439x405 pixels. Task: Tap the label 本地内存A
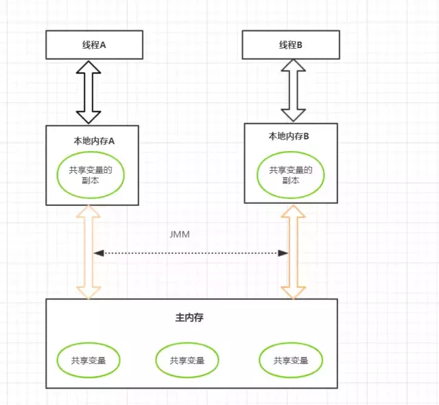(x=94, y=141)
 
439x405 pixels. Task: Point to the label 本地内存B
(x=289, y=136)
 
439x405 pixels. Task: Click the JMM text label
(x=180, y=234)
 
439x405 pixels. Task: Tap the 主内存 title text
(x=189, y=318)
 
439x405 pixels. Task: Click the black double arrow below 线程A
(x=88, y=92)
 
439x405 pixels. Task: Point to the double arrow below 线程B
(x=294, y=91)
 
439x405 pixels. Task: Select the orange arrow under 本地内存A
(x=88, y=252)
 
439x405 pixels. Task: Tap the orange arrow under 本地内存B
(x=294, y=252)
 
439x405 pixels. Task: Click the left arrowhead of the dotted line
(x=99, y=253)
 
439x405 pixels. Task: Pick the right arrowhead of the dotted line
(x=283, y=253)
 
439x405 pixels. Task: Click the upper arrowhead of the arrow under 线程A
(x=88, y=67)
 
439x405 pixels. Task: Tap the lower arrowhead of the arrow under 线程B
(x=294, y=115)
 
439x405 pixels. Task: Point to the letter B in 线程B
(x=299, y=45)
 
